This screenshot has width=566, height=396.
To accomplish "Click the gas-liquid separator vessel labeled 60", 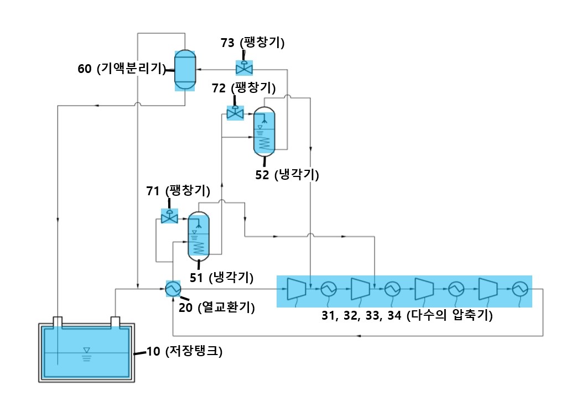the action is tap(185, 70).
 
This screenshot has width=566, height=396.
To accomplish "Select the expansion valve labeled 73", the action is tap(244, 67).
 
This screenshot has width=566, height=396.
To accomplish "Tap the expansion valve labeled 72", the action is tap(235, 113).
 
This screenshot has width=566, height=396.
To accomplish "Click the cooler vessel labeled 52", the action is tap(264, 132).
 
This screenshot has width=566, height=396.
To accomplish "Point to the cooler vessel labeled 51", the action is tap(199, 237).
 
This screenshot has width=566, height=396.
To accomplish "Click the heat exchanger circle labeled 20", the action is tap(173, 289).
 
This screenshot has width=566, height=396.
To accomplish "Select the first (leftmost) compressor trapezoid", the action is tap(297, 289).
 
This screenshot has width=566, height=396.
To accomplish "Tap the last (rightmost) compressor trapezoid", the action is tap(487, 289).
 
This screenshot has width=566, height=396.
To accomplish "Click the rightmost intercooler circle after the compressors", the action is tap(520, 289).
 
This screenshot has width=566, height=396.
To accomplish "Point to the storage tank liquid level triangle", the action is tap(87, 350).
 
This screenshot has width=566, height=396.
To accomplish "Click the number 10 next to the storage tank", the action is tap(153, 351).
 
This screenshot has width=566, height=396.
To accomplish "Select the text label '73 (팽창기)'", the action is tap(253, 43).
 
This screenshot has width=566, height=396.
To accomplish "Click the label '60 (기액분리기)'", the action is tap(122, 68).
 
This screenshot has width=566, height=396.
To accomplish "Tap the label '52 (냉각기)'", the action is tap(287, 175).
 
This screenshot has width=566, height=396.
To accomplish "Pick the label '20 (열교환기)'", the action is tap(217, 307).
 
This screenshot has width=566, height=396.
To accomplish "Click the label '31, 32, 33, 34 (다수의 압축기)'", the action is tap(407, 315).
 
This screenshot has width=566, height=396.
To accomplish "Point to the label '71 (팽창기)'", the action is tap(178, 191).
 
